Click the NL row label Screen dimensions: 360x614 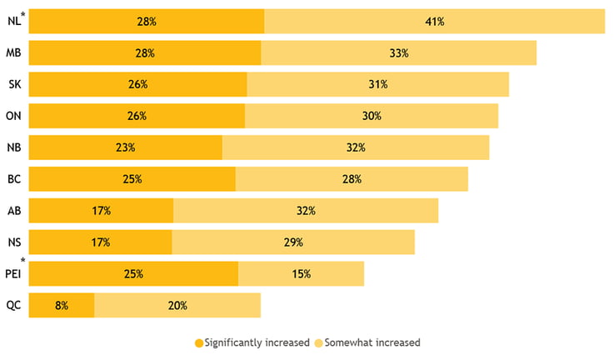(x=12, y=22)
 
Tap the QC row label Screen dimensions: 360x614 (x=13, y=305)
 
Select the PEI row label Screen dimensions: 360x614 (x=12, y=274)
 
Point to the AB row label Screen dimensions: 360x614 (x=13, y=211)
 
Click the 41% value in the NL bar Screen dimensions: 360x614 (x=434, y=22)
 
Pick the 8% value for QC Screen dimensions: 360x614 (x=61, y=305)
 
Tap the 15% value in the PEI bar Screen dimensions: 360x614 (x=301, y=274)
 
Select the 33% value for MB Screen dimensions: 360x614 (x=398, y=53)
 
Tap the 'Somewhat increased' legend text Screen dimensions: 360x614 (x=373, y=342)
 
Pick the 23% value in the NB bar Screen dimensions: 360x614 (x=126, y=147)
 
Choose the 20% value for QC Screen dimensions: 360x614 (x=177, y=305)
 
